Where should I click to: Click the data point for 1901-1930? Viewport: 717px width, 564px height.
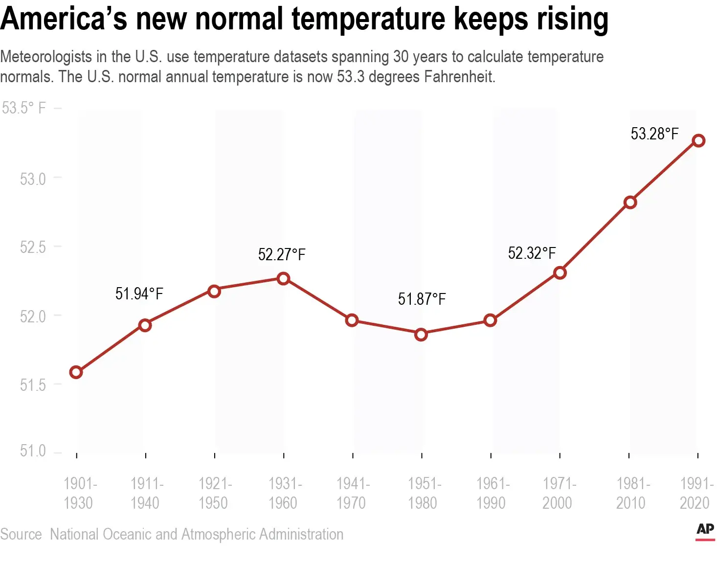pos(76,372)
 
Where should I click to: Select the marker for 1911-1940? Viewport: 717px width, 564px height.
pos(145,325)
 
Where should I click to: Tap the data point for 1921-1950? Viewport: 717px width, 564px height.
pos(214,292)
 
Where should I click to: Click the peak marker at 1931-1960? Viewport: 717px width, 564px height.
pos(283,279)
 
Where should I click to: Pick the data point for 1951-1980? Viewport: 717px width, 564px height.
pos(421,335)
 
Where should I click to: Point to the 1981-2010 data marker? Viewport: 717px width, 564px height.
pos(630,203)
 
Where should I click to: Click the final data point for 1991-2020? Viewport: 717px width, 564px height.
pos(699,141)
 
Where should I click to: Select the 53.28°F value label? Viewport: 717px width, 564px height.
pos(654,134)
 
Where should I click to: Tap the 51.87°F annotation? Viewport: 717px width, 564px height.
pos(422,299)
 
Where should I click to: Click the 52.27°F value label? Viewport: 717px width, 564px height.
pos(282,255)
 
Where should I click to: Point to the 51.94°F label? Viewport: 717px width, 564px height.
pos(139,293)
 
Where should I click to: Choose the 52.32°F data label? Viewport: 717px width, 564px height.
pos(532,253)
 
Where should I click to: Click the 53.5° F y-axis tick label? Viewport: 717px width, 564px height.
pos(24,108)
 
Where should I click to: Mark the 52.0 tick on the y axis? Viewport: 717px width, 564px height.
pos(33,316)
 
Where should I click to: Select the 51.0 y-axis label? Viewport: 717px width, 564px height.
pos(33,451)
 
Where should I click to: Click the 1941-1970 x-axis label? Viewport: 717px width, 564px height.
pos(353,493)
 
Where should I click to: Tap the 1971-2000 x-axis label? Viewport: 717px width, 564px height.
pos(559,493)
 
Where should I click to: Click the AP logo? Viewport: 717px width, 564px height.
pos(705,530)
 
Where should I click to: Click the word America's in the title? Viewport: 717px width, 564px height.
pos(64,19)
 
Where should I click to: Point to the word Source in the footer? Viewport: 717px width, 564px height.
pos(21,534)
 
